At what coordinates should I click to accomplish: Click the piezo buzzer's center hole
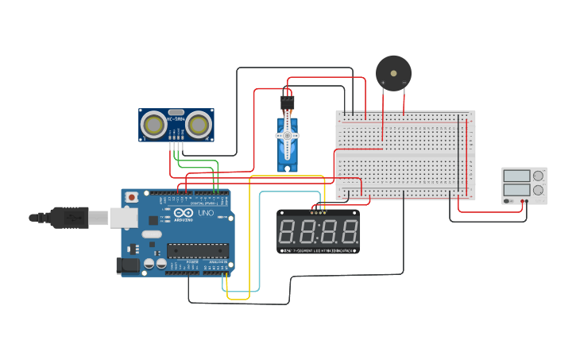[x=394, y=73]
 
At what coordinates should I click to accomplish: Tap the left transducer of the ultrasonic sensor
[x=154, y=123]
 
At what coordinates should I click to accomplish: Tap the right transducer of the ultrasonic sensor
[x=199, y=123]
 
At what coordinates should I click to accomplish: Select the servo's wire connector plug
[x=287, y=103]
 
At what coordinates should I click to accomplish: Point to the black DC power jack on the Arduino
[x=127, y=266]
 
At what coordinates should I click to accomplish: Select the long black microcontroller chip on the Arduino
[x=197, y=251]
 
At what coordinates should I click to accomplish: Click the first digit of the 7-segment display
[x=288, y=232]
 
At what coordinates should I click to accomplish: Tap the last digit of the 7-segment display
[x=348, y=232]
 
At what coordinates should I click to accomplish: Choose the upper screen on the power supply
[x=516, y=176]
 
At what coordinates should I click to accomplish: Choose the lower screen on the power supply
[x=516, y=190]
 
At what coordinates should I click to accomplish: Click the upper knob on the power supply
[x=539, y=176]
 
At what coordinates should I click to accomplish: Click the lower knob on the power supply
[x=539, y=190]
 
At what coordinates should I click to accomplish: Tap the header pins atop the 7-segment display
[x=319, y=211]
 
